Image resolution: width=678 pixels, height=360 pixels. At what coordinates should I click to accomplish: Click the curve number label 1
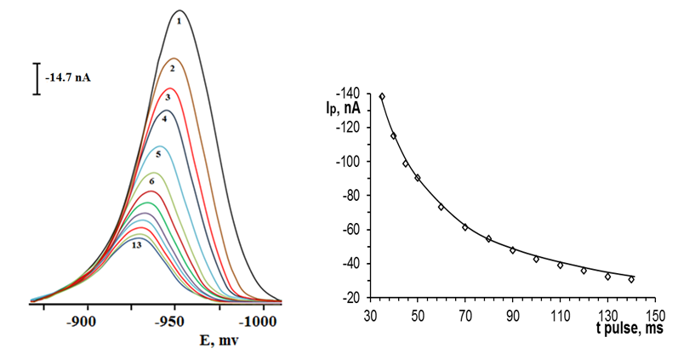tap(179, 20)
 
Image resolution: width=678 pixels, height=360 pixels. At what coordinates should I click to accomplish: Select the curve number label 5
tap(158, 154)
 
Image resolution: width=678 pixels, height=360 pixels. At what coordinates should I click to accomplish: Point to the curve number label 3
tap(168, 98)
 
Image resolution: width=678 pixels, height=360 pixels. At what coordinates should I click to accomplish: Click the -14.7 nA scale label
tap(68, 77)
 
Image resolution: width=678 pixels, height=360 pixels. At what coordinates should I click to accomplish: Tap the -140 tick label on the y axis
tap(349, 93)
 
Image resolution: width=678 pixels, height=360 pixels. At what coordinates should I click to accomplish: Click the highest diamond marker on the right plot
tap(382, 96)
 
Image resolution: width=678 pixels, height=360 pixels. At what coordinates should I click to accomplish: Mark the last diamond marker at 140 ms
tap(631, 279)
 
